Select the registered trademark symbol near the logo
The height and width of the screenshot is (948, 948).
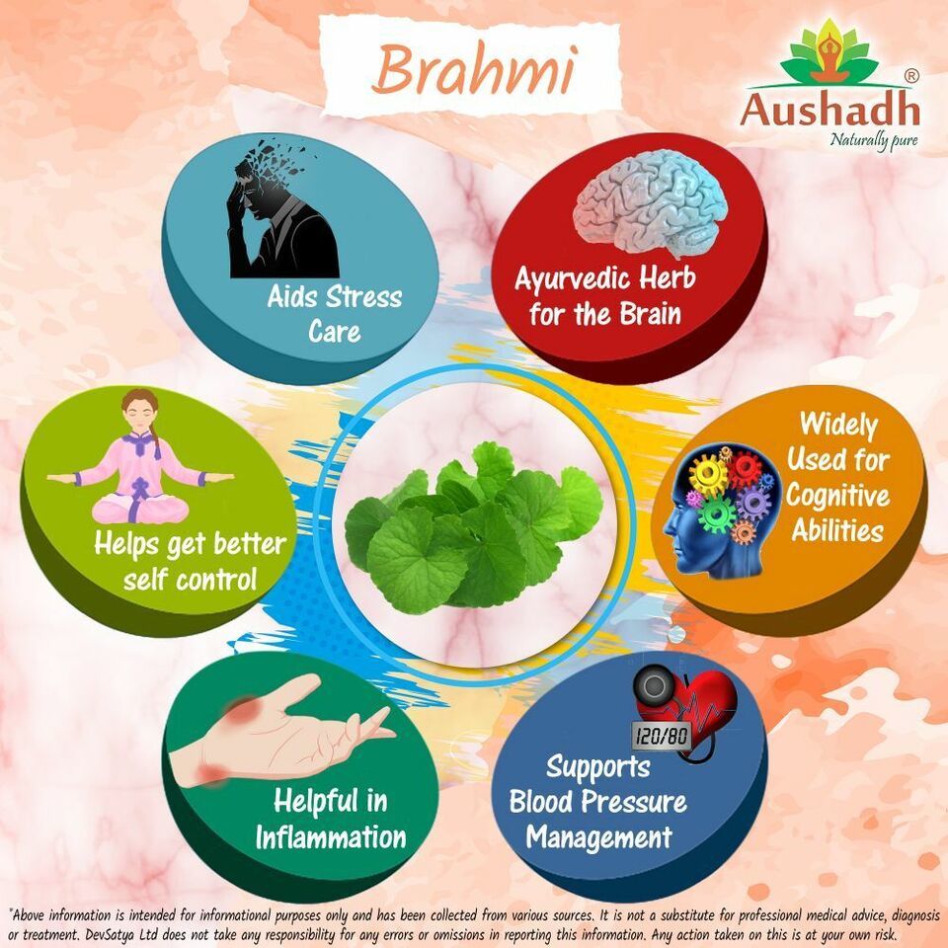click(x=911, y=76)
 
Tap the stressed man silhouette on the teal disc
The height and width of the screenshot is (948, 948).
click(x=281, y=208)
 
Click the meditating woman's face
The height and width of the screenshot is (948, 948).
click(x=140, y=414)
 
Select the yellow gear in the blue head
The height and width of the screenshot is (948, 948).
click(x=708, y=474)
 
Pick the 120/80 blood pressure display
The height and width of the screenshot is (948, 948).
click(x=662, y=735)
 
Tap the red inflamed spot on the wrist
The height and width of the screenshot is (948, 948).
click(x=211, y=773)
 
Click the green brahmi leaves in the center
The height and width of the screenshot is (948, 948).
click(x=473, y=526)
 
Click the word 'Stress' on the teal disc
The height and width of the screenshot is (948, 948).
click(x=364, y=297)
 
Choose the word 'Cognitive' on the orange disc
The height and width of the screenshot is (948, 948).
click(x=837, y=496)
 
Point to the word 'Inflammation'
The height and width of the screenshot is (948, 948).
click(x=330, y=837)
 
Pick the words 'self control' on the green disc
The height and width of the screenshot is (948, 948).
click(x=190, y=580)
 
